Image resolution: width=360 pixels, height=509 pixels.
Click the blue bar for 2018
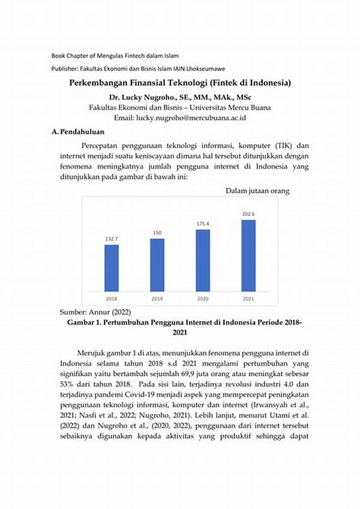click(112, 268)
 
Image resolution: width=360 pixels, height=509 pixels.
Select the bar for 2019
click(157, 265)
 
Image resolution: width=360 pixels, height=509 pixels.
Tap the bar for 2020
click(203, 260)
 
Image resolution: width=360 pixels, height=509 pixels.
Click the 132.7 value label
click(112, 239)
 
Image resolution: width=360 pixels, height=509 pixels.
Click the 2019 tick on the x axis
click(157, 298)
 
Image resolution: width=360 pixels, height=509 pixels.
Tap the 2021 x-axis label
click(248, 298)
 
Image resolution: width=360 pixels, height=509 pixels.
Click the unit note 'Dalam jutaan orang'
click(258, 191)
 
